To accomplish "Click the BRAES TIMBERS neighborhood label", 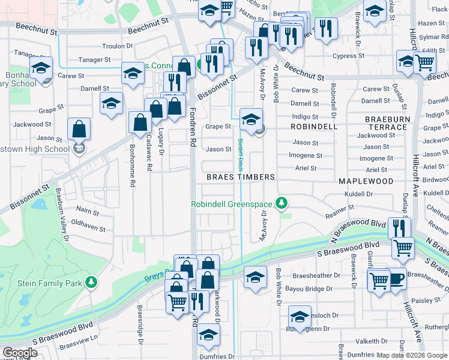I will click(240, 177).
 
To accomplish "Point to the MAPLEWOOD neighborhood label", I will click(366, 181).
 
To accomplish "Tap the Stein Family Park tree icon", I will click(91, 281).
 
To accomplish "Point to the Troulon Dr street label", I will click(117, 46).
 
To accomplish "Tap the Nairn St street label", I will click(88, 209).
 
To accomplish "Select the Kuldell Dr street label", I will click(358, 194).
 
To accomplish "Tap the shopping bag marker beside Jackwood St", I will click(79, 129).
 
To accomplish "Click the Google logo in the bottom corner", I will click(19, 353).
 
